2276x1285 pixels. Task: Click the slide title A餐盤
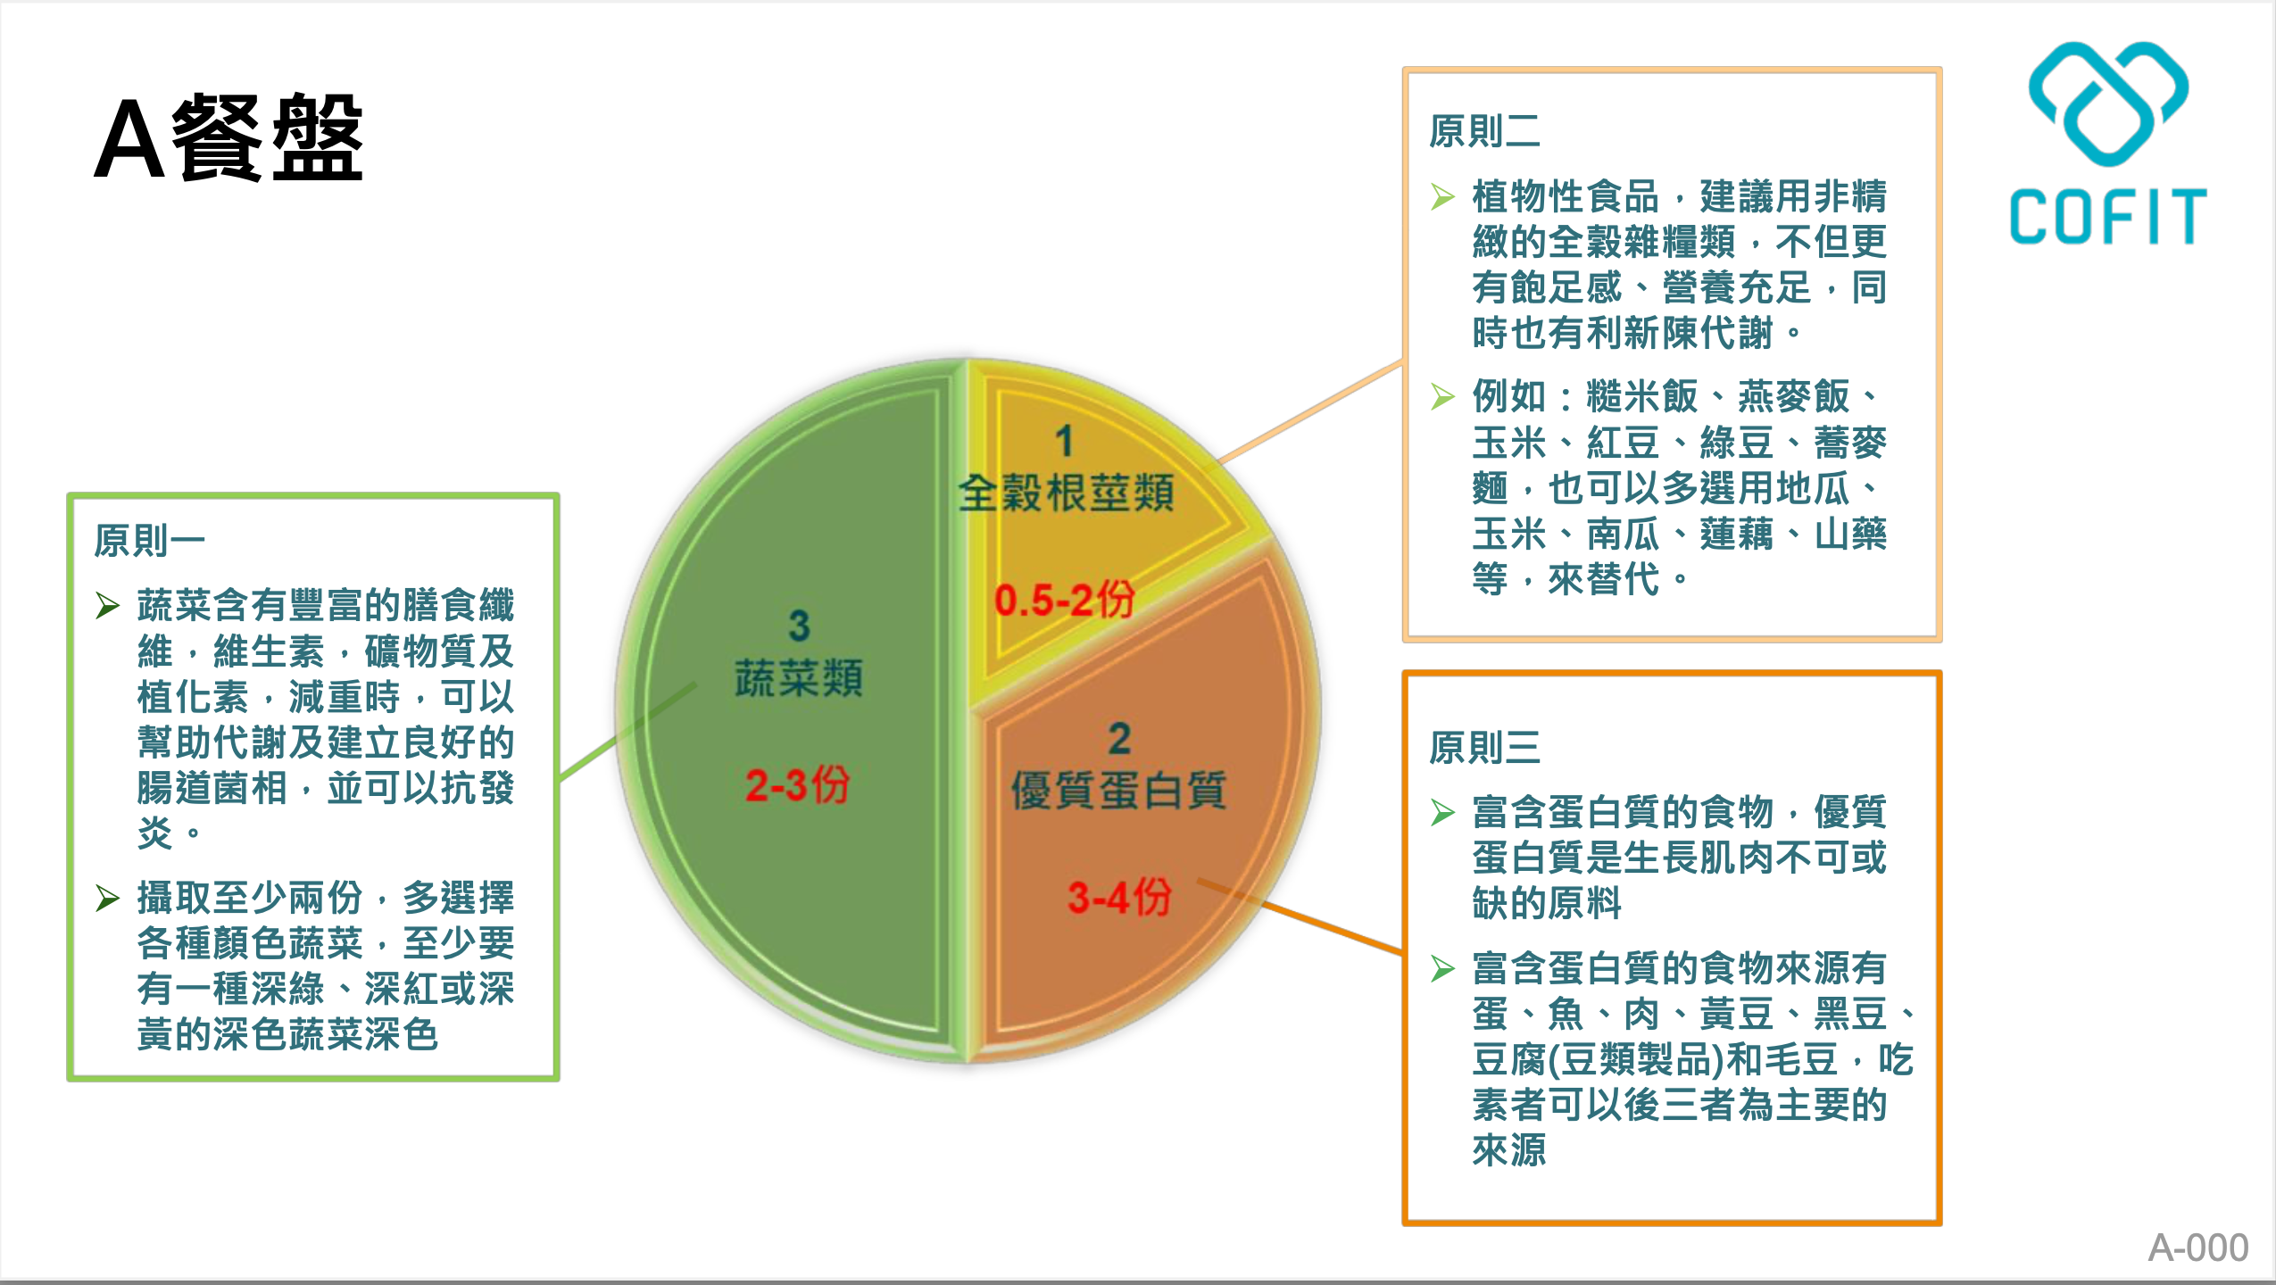point(228,138)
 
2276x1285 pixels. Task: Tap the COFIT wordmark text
point(2108,217)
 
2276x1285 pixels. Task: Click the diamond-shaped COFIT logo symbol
point(2108,104)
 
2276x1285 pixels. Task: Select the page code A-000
point(2197,1248)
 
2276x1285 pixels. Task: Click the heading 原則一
point(150,540)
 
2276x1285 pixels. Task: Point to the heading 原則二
point(1484,131)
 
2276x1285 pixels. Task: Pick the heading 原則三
point(1484,748)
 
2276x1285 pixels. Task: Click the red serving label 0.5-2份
point(1064,599)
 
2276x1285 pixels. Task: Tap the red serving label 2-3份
point(797,785)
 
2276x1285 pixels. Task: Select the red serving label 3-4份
point(1119,896)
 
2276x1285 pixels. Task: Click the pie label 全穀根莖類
point(1066,493)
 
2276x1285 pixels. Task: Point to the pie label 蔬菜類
point(799,678)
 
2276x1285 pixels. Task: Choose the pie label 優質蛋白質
point(1118,791)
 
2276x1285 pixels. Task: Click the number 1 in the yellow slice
point(1064,441)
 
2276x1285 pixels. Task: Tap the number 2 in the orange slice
point(1119,739)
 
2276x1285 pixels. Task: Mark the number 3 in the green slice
point(799,626)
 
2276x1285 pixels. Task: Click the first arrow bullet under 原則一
point(108,606)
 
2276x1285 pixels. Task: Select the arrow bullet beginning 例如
point(1443,396)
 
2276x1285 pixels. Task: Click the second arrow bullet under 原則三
point(1443,968)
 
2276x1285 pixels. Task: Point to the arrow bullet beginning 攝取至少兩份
point(108,898)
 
